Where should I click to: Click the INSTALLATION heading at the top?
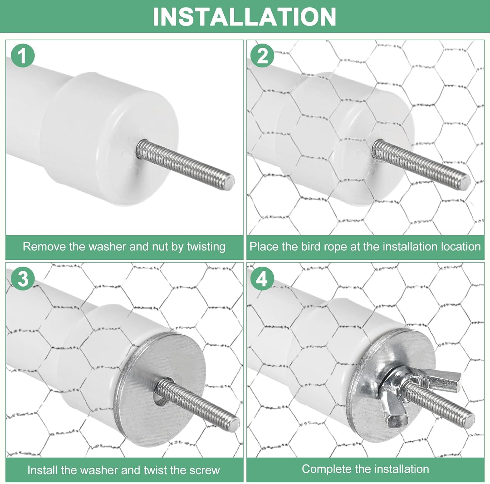pyautogui.click(x=245, y=17)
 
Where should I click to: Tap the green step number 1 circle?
pyautogui.click(x=23, y=56)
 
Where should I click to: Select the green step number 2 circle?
pyautogui.click(x=263, y=56)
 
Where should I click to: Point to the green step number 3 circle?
pyautogui.click(x=23, y=279)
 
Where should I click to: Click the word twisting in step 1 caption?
pyautogui.click(x=206, y=247)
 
